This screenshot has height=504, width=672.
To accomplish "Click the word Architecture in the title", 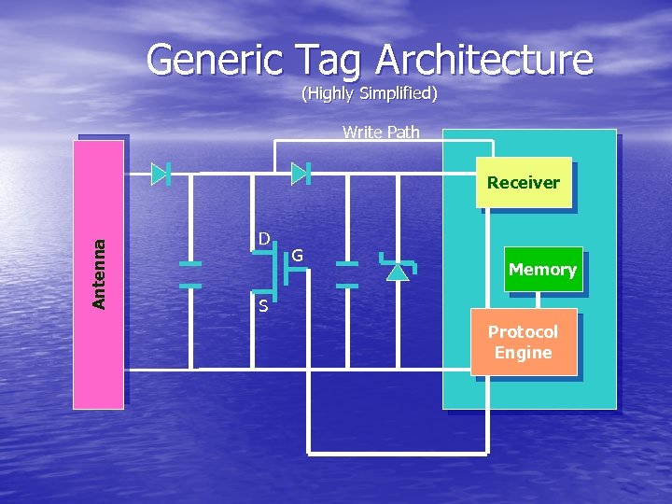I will (x=484, y=60).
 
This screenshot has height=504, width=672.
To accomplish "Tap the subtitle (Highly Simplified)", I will (x=369, y=93).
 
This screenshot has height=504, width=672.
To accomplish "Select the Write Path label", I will (x=381, y=132).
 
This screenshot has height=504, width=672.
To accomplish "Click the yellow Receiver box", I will (x=523, y=182).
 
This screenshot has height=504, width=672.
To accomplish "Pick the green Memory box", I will (x=542, y=269).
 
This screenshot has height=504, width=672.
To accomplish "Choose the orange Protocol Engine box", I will (x=523, y=342).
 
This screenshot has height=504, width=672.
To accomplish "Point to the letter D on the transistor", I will (x=264, y=239).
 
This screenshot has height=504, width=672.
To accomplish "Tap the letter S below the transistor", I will (x=263, y=305).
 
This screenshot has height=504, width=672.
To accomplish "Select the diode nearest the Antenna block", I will (x=160, y=173).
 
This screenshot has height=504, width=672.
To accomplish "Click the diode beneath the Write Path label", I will (x=300, y=173).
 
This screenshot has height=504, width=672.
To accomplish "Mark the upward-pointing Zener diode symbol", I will (x=399, y=270).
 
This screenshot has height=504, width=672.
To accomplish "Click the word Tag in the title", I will (x=331, y=60).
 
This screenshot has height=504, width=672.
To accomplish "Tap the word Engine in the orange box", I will (x=523, y=353).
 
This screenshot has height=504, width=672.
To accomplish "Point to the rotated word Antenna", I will (x=99, y=273).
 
